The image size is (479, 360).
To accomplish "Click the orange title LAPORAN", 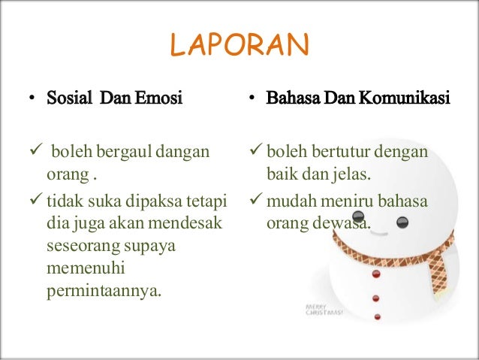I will pos(239,46).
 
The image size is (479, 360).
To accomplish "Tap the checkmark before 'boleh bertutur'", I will pos(252,153).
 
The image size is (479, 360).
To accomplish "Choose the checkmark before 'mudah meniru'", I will pos(252,202).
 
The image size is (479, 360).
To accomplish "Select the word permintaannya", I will pos(104,289).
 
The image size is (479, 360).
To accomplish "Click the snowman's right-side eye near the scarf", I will pos(402,222).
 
